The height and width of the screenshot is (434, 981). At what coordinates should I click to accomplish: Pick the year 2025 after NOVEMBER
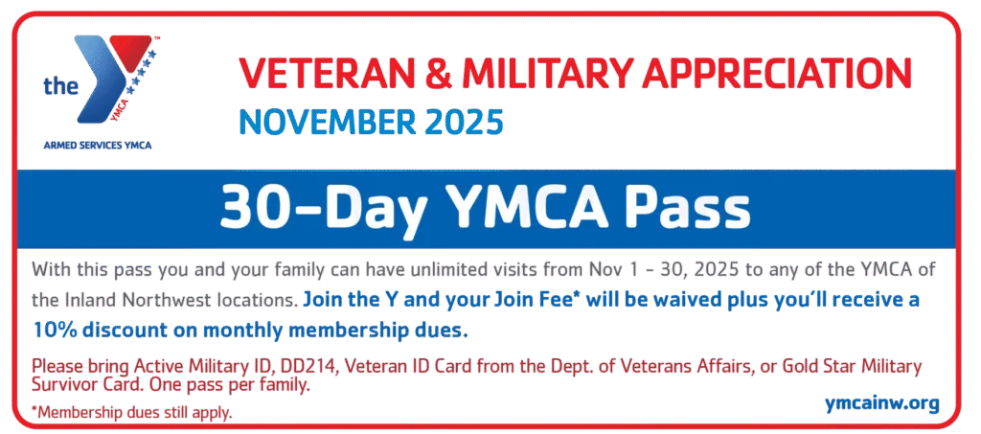click(458, 123)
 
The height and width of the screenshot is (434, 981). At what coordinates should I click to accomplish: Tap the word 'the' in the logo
click(59, 87)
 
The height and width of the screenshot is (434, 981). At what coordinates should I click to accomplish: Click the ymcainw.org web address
click(881, 403)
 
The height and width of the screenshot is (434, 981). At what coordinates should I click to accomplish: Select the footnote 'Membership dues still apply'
click(131, 412)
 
